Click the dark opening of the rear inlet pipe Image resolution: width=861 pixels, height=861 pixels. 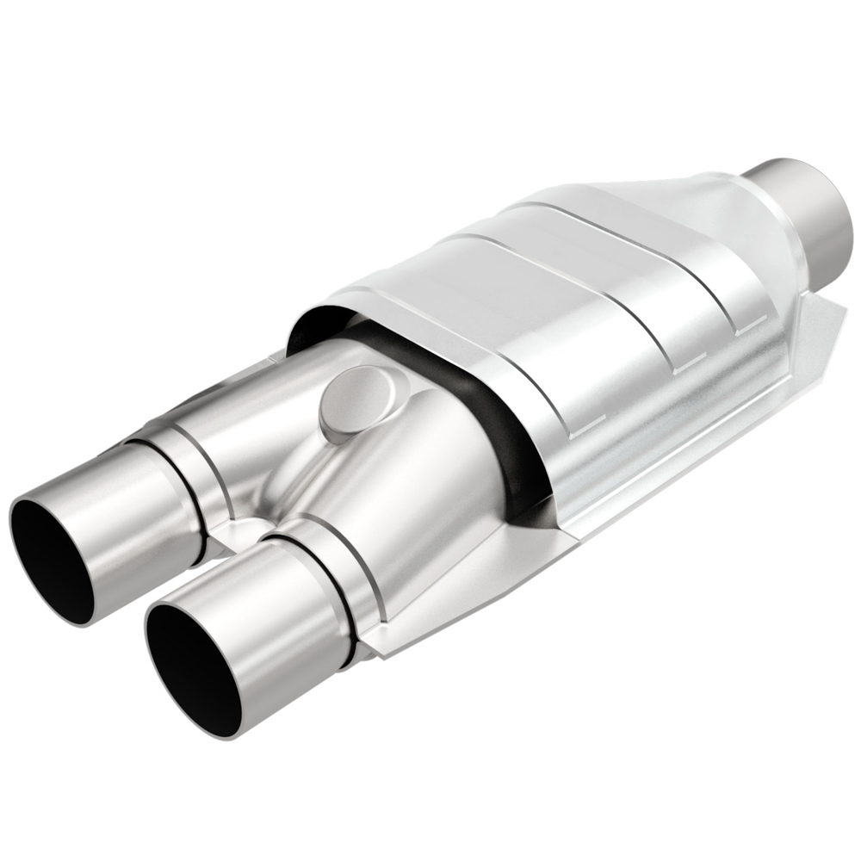pos(53,551)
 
